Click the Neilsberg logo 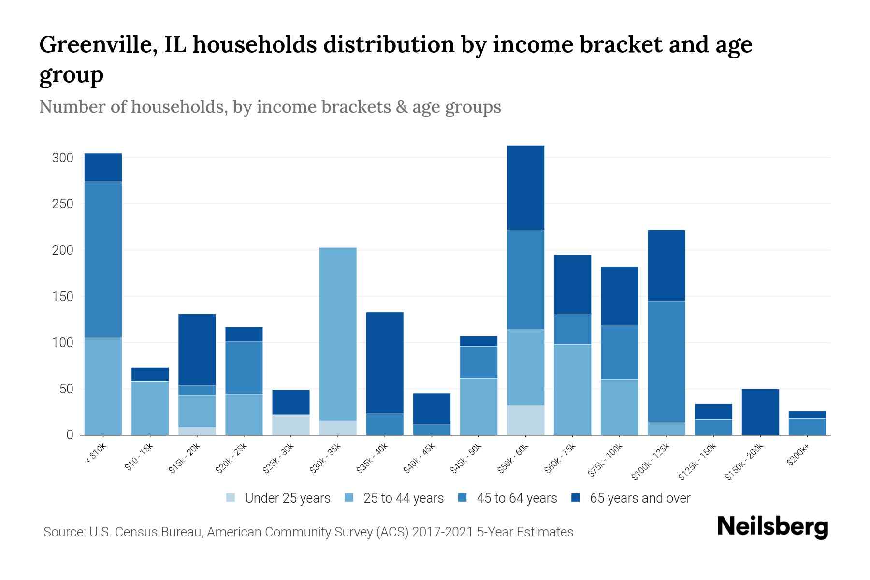pyautogui.click(x=772, y=527)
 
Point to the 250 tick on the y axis pyautogui.click(x=63, y=204)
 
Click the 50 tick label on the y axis pyautogui.click(x=66, y=389)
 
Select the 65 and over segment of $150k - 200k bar pyautogui.click(x=760, y=411)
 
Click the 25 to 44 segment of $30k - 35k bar pyautogui.click(x=338, y=333)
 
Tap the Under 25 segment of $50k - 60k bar pyautogui.click(x=525, y=420)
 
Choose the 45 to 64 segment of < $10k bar pyautogui.click(x=103, y=260)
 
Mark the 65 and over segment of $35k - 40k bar pyautogui.click(x=385, y=362)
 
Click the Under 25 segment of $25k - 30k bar pyautogui.click(x=291, y=424)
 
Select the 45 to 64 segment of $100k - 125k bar pyautogui.click(x=666, y=362)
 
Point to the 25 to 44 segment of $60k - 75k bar pyautogui.click(x=572, y=389)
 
